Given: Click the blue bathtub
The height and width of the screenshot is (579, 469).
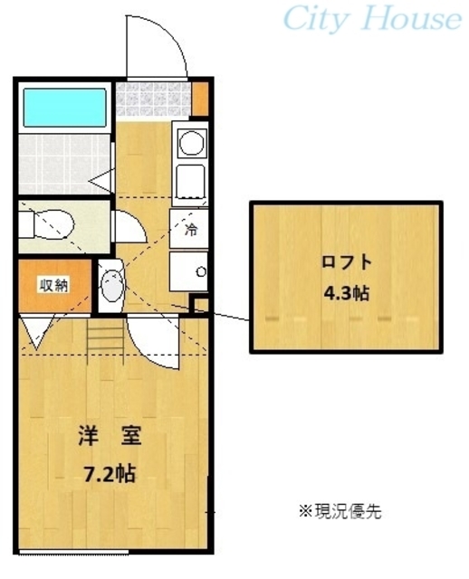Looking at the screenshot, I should coord(63,108).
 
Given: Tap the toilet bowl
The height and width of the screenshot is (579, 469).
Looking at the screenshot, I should coord(55,223).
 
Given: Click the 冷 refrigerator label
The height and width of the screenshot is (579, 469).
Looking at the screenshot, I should coord(191,229).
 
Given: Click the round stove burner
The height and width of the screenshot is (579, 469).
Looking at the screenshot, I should coord(191,144).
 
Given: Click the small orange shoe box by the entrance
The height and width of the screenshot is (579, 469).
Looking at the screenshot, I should coord(200,95).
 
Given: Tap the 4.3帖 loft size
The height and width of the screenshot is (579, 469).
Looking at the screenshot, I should coord(347,294).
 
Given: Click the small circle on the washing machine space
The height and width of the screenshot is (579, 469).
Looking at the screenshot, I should coord(201,271).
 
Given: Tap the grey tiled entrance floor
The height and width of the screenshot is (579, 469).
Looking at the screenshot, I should coord(152,99).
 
